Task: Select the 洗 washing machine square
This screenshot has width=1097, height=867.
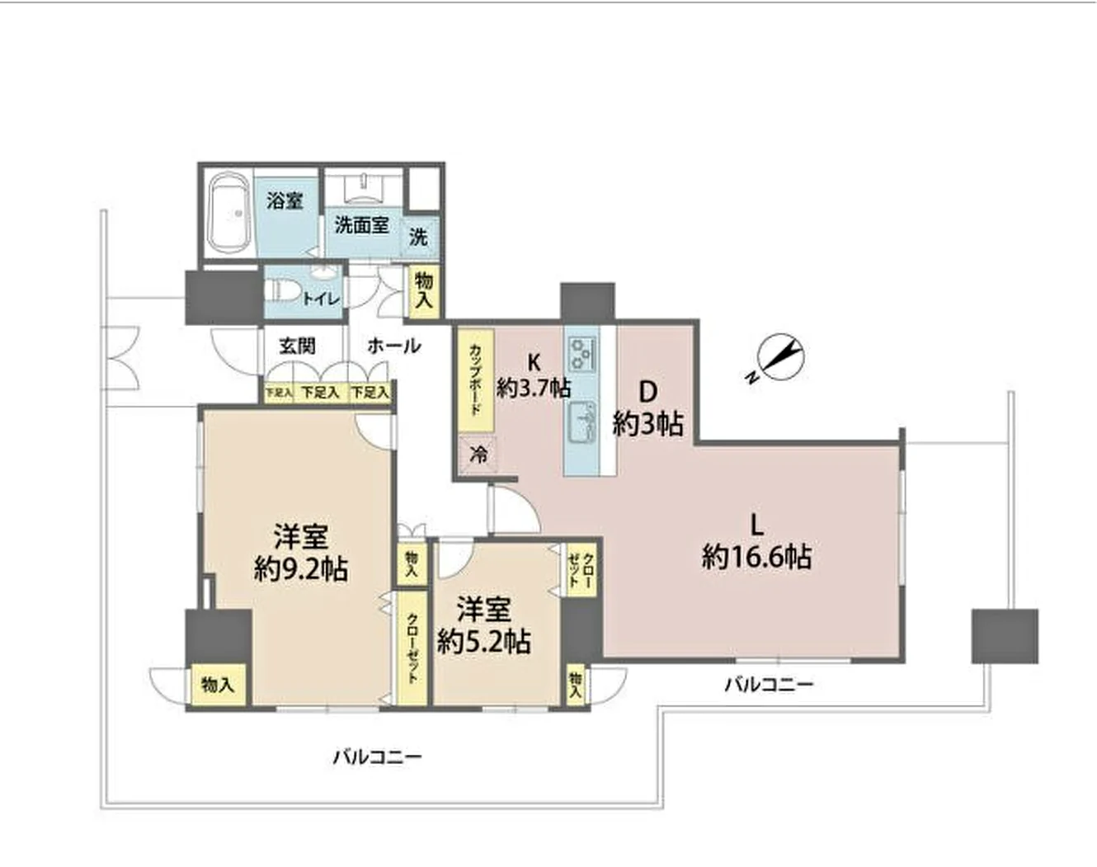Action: (x=420, y=237)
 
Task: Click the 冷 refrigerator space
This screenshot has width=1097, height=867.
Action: (x=477, y=455)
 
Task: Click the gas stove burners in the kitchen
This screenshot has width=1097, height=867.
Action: (x=581, y=354)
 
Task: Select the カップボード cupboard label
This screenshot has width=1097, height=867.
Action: (x=474, y=380)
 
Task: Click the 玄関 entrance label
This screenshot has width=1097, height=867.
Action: (x=297, y=346)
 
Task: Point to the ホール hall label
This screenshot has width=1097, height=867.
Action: (x=394, y=346)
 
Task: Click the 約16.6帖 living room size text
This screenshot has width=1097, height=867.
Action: (x=757, y=558)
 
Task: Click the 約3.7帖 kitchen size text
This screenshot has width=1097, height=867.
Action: (x=533, y=389)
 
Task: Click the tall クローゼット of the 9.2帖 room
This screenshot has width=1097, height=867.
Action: (x=412, y=648)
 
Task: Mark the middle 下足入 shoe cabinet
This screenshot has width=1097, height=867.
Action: (x=320, y=392)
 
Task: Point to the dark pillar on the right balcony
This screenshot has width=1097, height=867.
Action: (x=1005, y=636)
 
